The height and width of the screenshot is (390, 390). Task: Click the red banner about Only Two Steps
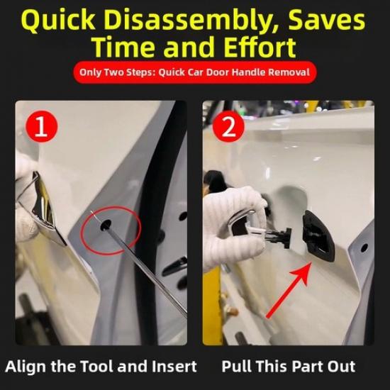pyautogui.click(x=194, y=72)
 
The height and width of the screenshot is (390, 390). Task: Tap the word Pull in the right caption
pyautogui.click(x=235, y=367)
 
